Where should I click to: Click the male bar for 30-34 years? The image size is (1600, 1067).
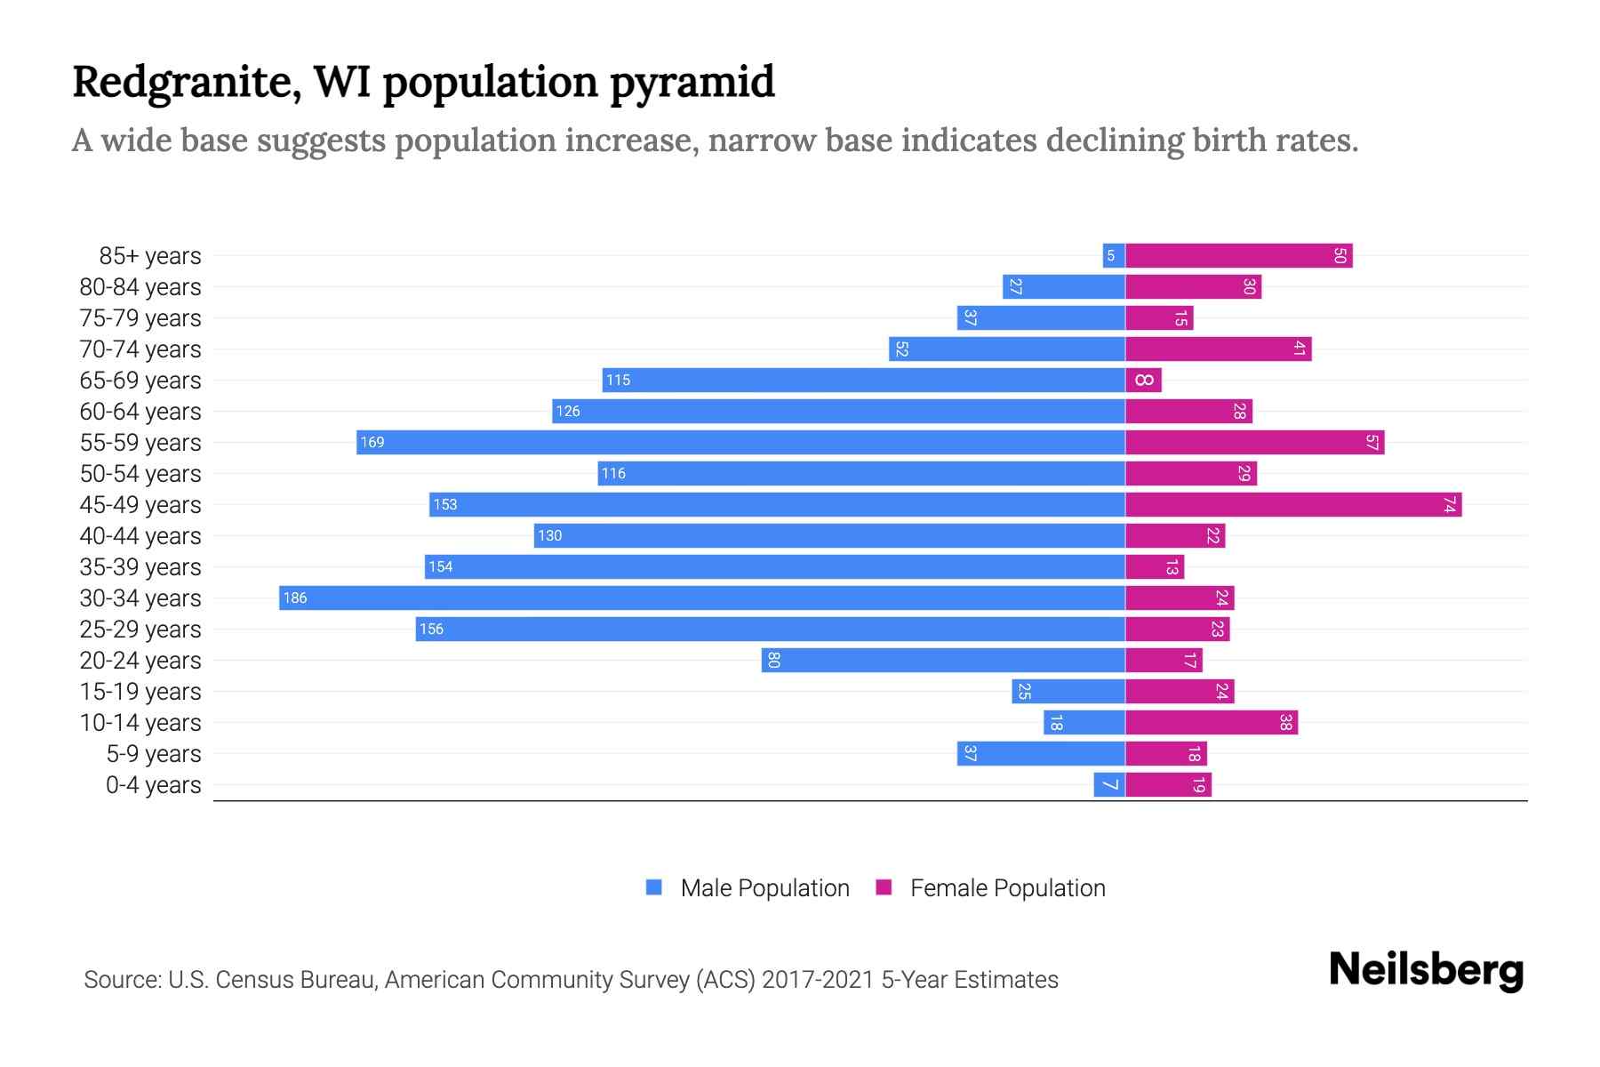pyautogui.click(x=702, y=598)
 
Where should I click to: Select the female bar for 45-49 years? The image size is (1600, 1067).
pyautogui.click(x=1293, y=504)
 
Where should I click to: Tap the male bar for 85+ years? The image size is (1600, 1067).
pyautogui.click(x=1114, y=256)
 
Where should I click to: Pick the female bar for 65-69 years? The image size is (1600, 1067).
pyautogui.click(x=1143, y=381)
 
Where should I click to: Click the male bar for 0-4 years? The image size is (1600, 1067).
pyautogui.click(x=1109, y=784)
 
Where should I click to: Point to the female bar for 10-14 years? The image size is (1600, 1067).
pyautogui.click(x=1212, y=722)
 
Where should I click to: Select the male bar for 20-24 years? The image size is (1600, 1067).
pyautogui.click(x=943, y=660)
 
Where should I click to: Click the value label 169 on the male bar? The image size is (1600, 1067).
pyautogui.click(x=372, y=443)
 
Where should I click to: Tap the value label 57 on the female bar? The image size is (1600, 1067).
pyautogui.click(x=1372, y=443)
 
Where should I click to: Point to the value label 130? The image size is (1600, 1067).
pyautogui.click(x=550, y=535)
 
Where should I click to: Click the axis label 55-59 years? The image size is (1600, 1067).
pyautogui.click(x=140, y=443)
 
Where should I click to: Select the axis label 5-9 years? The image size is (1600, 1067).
pyautogui.click(x=154, y=754)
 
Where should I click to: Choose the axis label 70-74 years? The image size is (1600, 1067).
pyautogui.click(x=140, y=349)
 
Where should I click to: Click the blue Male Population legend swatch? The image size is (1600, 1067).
pyautogui.click(x=654, y=887)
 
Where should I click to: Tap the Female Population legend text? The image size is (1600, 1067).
pyautogui.click(x=1007, y=888)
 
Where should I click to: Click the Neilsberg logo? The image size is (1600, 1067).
pyautogui.click(x=1426, y=970)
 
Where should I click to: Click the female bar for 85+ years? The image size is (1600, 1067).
pyautogui.click(x=1239, y=256)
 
